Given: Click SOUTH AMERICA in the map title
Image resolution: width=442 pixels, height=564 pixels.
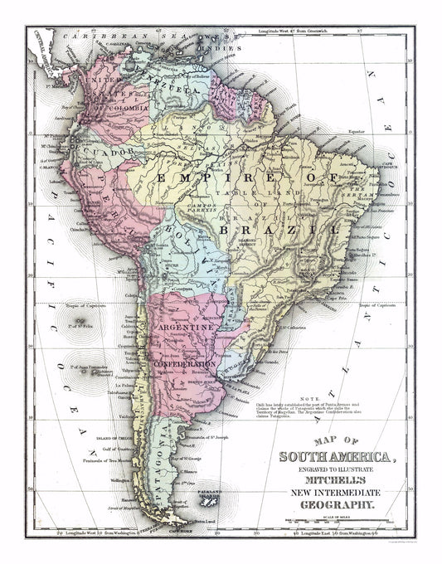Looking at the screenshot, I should [331, 457].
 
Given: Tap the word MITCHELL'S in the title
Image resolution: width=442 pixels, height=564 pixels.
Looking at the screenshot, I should [331, 483].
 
